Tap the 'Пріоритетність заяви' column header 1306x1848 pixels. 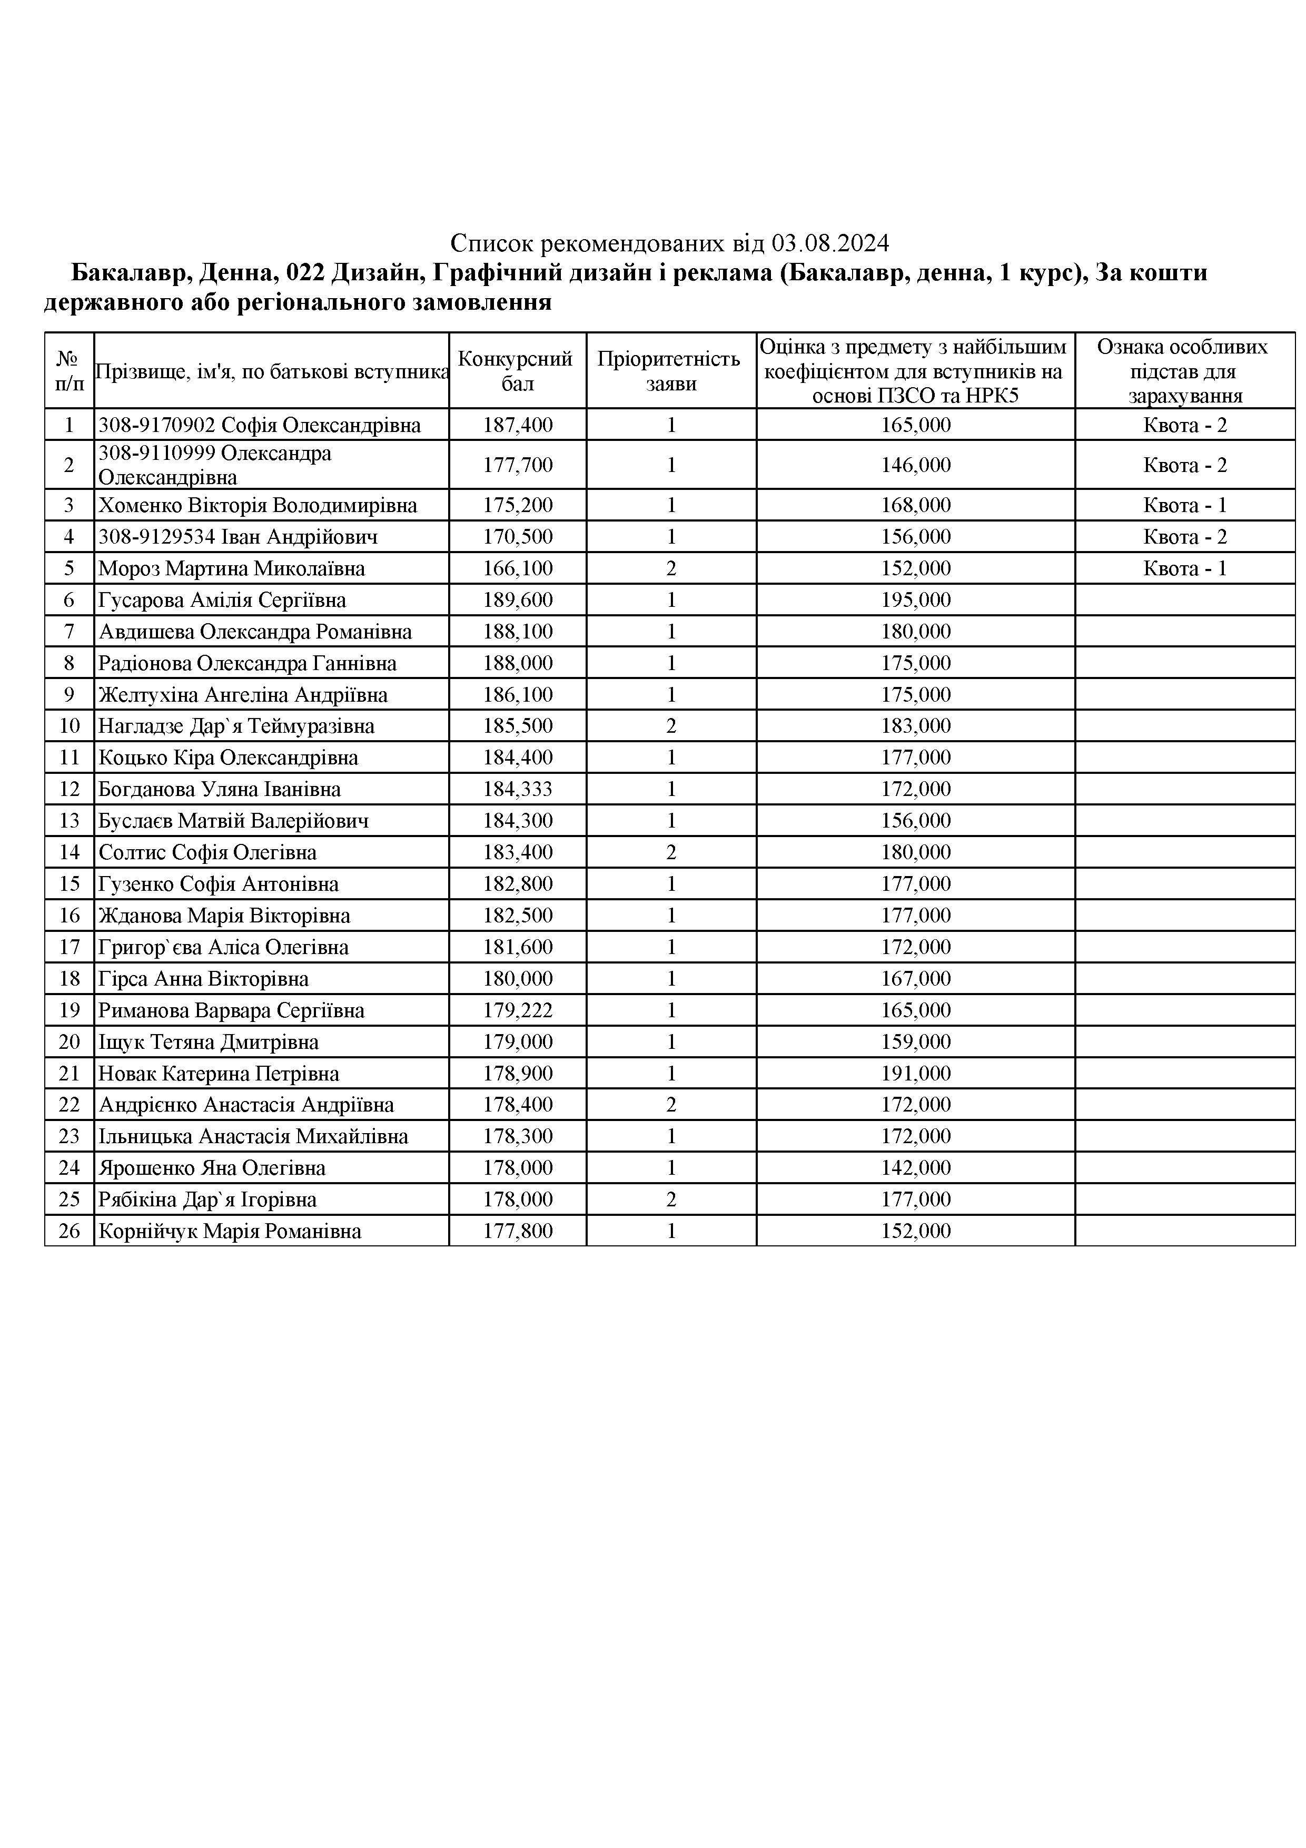tap(670, 370)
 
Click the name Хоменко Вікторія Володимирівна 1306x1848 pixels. tap(258, 506)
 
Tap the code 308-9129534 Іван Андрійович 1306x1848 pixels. tap(238, 537)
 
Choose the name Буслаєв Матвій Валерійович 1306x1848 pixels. tap(233, 821)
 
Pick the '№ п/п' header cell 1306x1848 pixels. tap(69, 370)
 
